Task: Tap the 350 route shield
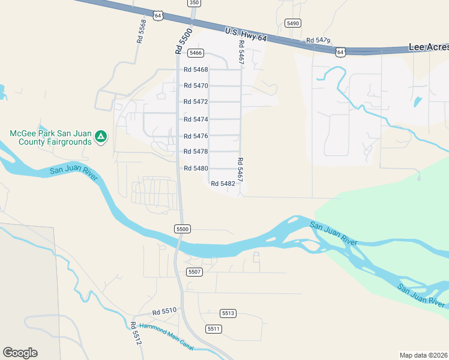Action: [193, 3]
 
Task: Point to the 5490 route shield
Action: [293, 23]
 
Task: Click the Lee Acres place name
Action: [428, 46]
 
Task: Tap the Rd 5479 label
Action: [318, 40]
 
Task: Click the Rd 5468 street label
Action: [196, 70]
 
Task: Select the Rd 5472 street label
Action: [196, 102]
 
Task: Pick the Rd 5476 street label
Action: [196, 136]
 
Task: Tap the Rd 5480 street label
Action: [196, 169]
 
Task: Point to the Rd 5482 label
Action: [223, 184]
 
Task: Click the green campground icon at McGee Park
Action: [101, 137]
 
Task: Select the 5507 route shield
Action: [194, 272]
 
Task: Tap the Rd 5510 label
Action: [164, 311]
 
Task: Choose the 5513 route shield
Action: [228, 313]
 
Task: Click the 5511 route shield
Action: [214, 329]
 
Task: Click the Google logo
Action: [20, 353]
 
